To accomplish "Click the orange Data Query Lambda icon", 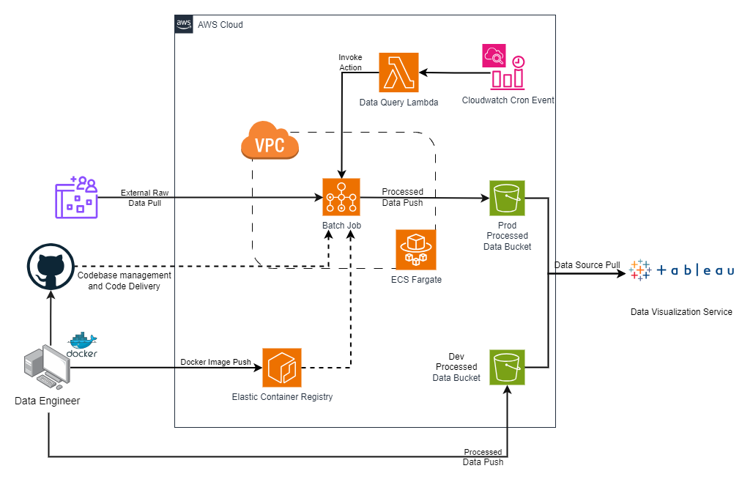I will click(x=398, y=72).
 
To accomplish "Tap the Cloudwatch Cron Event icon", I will click(x=504, y=67).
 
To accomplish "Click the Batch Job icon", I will click(x=341, y=197).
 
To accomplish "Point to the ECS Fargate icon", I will click(x=416, y=250).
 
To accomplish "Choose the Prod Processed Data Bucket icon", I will click(x=507, y=199).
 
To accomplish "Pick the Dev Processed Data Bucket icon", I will click(x=507, y=367).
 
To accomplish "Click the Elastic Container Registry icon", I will click(x=282, y=367).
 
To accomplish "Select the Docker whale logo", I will click(x=81, y=345).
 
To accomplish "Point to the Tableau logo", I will click(x=681, y=270).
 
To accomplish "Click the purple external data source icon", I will click(x=76, y=197).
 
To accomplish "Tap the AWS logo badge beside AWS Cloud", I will click(x=184, y=24).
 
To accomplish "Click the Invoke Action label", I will click(x=350, y=62).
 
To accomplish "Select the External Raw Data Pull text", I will click(x=141, y=198).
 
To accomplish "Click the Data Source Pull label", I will click(x=587, y=265).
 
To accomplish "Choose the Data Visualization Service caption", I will click(x=681, y=312).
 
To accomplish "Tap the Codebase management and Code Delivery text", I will click(x=125, y=281).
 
